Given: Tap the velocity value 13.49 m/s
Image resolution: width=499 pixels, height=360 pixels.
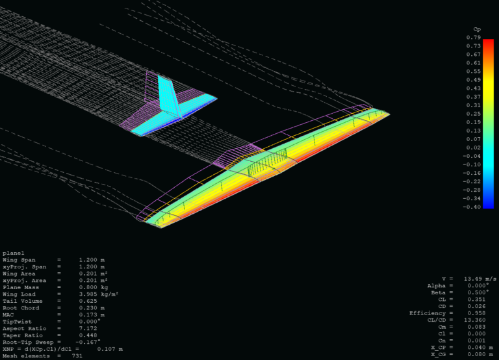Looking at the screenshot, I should [x=478, y=279].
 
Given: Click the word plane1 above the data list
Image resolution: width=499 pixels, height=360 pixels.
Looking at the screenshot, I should [x=13, y=253].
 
